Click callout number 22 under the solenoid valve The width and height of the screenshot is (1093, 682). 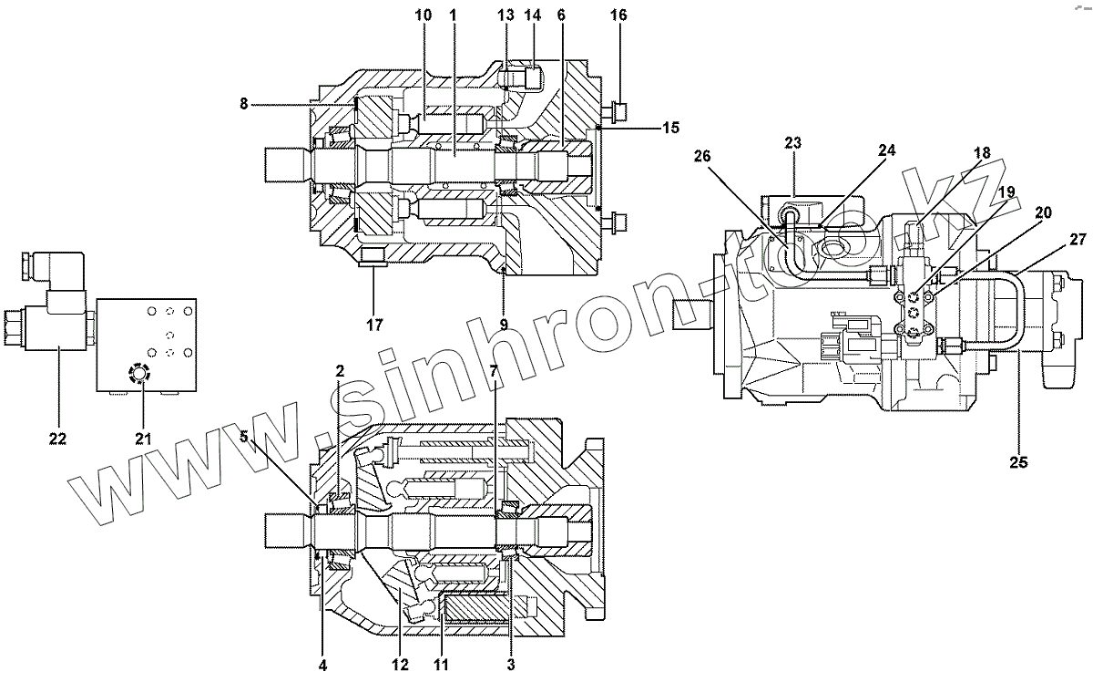[x=58, y=439]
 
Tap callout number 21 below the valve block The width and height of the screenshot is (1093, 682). [x=143, y=439]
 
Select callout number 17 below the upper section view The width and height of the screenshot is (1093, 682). [x=374, y=324]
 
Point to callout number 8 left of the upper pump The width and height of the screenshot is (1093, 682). [x=244, y=105]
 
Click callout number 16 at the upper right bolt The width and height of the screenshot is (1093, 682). [x=619, y=15]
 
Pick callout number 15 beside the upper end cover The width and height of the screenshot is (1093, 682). [x=670, y=128]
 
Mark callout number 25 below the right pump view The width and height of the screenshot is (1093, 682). [x=1018, y=462]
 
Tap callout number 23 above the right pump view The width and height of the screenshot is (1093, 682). [x=792, y=143]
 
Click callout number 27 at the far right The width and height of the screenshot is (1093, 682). [x=1078, y=240]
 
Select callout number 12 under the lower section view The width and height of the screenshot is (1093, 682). [x=399, y=666]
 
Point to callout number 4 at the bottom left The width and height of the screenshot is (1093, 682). [x=322, y=666]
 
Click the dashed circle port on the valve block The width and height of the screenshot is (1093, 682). [x=138, y=375]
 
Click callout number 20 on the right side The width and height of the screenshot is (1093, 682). [x=1044, y=212]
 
